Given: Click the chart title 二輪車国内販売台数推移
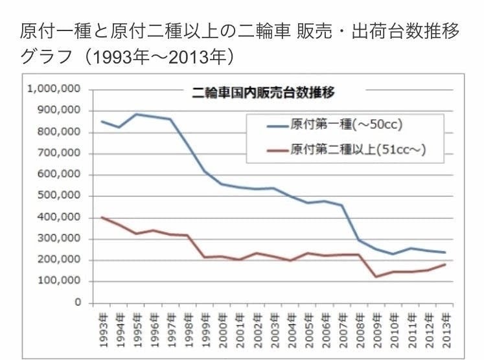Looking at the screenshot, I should [263, 92].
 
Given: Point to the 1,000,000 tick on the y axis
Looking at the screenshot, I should [54, 89].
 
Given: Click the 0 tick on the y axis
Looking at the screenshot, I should [77, 303].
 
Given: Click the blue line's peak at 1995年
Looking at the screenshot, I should [136, 114].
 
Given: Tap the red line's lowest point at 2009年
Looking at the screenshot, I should [376, 276].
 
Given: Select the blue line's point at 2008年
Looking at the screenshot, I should [360, 240].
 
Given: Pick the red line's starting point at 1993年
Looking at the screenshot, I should [102, 217].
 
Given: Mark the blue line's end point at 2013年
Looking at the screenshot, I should [446, 253].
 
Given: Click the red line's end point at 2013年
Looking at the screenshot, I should [446, 264].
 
